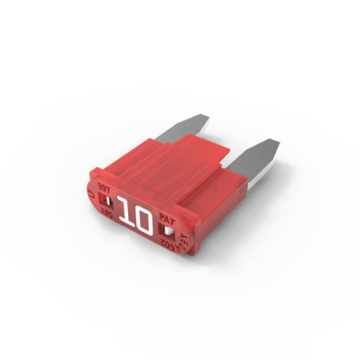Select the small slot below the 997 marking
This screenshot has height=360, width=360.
(105, 201)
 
